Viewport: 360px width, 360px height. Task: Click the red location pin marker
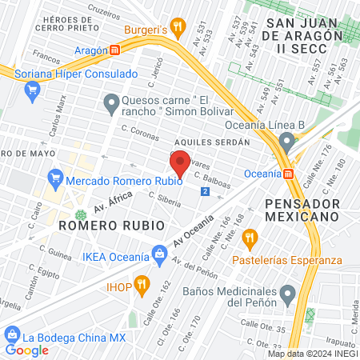pos(180,164)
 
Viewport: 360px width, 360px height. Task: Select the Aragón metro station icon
pos(115,50)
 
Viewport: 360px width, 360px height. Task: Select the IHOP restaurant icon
pos(142,283)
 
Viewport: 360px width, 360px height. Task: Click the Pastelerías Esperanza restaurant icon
pos(250,237)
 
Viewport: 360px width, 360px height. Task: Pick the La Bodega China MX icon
pos(11,334)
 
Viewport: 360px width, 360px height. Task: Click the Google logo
pos(26,350)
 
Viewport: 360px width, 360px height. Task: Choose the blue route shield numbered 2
pos(206,192)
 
